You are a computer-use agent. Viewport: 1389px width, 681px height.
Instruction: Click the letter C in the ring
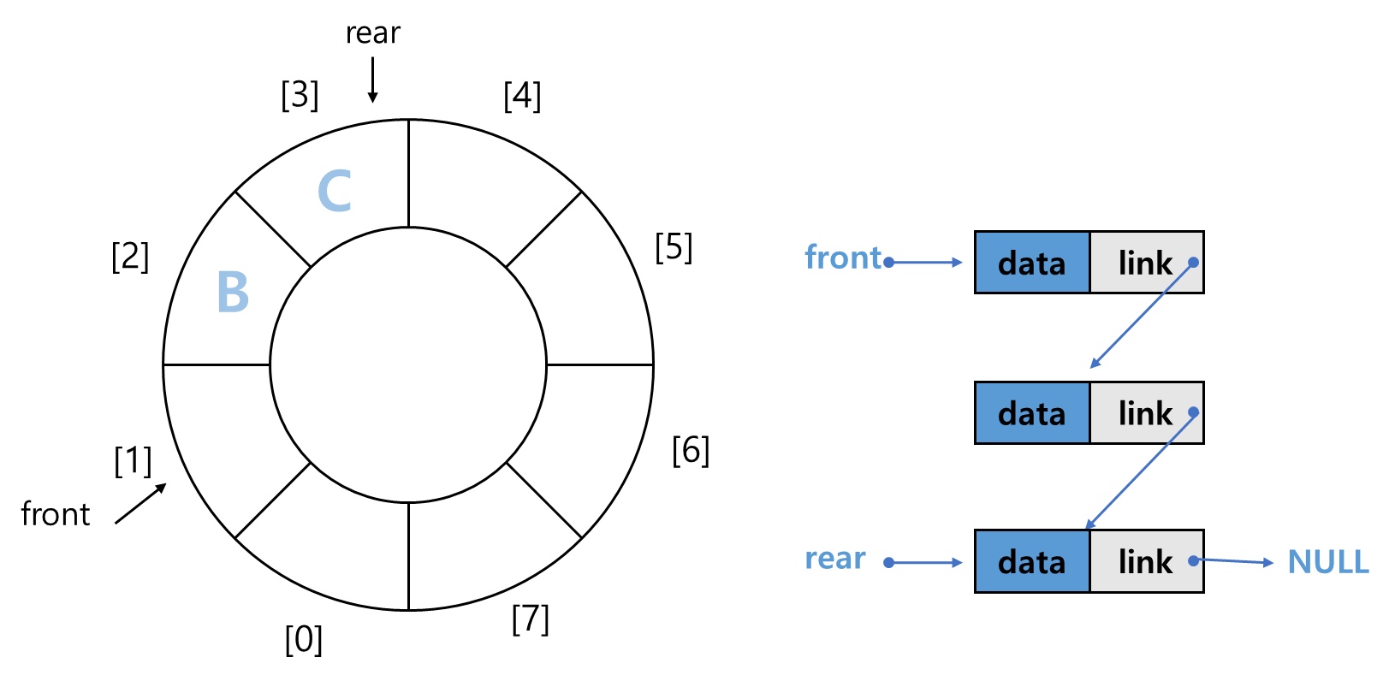coord(335,191)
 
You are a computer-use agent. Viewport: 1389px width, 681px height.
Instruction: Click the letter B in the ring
coord(233,293)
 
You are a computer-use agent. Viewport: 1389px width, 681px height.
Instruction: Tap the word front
coord(842,258)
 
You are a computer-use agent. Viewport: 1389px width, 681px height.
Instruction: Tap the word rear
coord(835,559)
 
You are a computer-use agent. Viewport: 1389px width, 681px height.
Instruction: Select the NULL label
coord(1328,562)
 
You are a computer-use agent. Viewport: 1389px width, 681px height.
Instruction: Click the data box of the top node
coord(1032,263)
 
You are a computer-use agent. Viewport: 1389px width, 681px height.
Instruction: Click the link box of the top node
coord(1145,263)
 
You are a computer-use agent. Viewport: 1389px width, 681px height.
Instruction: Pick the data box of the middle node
coord(1032,413)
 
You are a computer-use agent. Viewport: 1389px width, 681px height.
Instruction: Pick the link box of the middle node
coord(1145,413)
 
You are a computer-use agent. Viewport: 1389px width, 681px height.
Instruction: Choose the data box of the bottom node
coord(1032,562)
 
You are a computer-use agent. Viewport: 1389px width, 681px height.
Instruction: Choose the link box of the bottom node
coord(1145,562)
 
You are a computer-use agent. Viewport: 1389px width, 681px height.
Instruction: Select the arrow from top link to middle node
coord(1141,316)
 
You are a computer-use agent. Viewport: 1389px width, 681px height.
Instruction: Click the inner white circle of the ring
coord(408,365)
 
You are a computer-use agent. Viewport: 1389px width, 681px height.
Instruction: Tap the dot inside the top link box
coord(1193,263)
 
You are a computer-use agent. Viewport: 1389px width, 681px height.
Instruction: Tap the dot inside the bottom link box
coord(1193,561)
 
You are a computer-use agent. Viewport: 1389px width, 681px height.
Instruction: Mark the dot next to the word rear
coord(889,562)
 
